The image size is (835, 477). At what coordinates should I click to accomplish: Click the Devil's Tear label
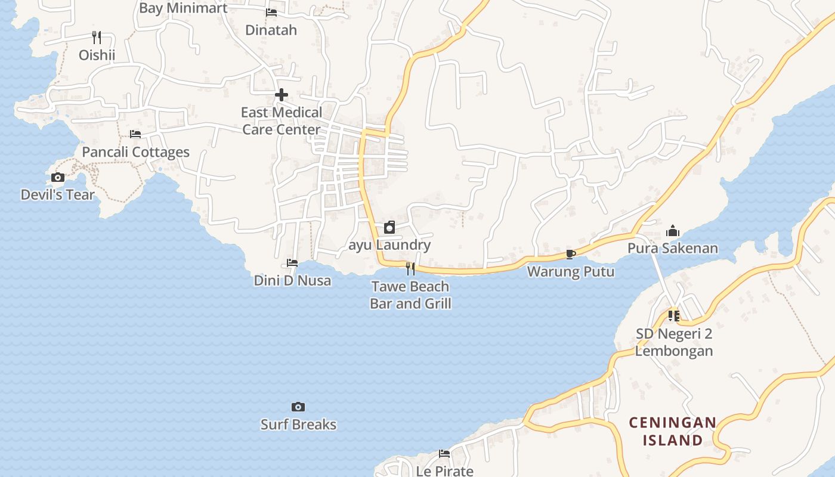tap(58, 195)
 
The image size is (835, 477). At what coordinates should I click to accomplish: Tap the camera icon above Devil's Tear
tap(58, 178)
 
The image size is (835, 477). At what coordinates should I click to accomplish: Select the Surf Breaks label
tap(298, 425)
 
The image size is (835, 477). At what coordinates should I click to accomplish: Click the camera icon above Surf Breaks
tap(298, 407)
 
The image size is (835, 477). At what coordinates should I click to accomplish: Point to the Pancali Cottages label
tap(135, 152)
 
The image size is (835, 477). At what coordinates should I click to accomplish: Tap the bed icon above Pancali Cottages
tap(135, 134)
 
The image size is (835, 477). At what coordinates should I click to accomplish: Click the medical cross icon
tap(282, 95)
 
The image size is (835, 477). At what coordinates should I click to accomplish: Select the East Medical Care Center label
tap(282, 121)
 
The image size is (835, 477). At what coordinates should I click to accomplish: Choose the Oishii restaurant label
tap(97, 55)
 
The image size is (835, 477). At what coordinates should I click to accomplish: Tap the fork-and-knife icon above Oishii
tap(97, 38)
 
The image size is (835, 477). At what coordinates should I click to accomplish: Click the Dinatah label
tap(271, 30)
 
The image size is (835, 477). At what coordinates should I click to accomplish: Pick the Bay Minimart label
tap(183, 8)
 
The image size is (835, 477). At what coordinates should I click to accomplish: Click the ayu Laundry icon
tap(389, 227)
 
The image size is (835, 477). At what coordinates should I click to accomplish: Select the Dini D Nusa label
tap(292, 280)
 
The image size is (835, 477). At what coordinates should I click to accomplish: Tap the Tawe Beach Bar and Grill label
tap(410, 295)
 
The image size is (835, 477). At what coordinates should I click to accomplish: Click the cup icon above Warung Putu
tap(571, 255)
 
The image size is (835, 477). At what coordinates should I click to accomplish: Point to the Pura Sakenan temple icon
tap(673, 231)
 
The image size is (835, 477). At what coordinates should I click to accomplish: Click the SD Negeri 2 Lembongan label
tap(674, 342)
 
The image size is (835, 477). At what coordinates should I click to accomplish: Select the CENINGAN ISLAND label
tap(673, 432)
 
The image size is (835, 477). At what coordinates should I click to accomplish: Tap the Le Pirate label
tap(445, 471)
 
